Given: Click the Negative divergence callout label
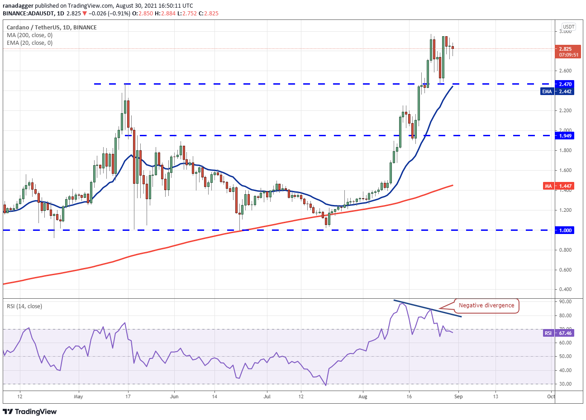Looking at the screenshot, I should [486, 305].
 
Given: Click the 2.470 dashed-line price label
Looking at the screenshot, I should [565, 84].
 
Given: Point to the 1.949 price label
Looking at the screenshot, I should [565, 136].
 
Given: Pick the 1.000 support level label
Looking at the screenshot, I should [565, 230].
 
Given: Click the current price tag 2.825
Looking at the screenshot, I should [568, 49].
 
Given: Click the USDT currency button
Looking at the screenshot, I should [568, 27].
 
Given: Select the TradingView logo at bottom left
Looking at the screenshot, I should [30, 411].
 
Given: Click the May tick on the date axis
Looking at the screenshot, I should [78, 397].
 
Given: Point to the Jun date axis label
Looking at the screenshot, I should [174, 397].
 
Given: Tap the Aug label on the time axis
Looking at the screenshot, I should [362, 397].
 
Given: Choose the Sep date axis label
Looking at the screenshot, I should [458, 397].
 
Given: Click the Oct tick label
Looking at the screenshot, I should [551, 397].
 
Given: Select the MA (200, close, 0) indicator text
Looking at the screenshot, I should [29, 35].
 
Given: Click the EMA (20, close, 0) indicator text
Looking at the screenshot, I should [29, 43].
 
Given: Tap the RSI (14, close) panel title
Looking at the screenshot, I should [24, 306].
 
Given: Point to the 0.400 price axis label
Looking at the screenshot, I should [566, 290].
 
